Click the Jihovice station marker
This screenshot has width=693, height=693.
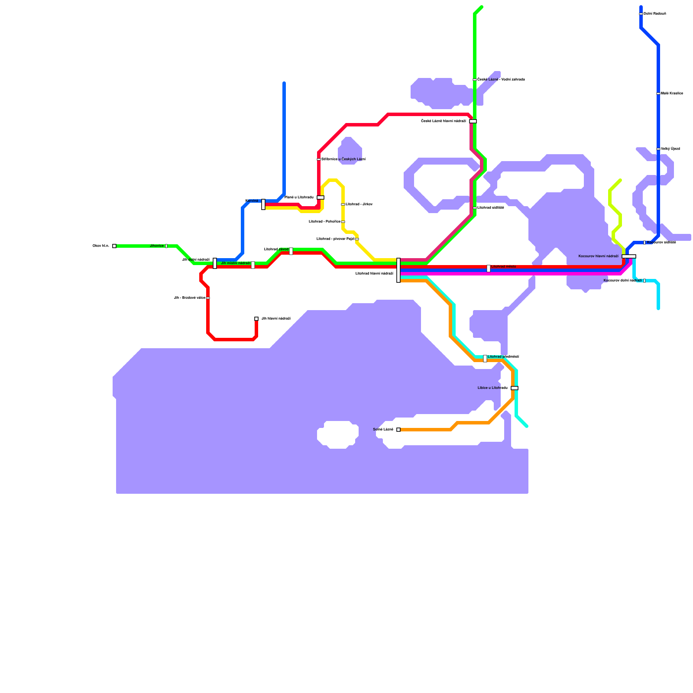(x=166, y=246)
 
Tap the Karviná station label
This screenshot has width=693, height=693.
(x=252, y=201)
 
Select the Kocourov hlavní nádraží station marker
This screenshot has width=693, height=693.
(x=628, y=256)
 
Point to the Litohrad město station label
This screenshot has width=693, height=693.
(x=503, y=267)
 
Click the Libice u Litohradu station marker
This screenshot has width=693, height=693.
(x=515, y=388)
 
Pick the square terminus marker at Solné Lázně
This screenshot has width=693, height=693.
(x=398, y=430)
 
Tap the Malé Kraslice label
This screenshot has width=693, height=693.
(x=672, y=94)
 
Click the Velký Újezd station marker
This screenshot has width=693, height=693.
(x=658, y=149)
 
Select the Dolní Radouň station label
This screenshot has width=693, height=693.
(x=655, y=14)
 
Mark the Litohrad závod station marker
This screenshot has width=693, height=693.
(x=291, y=251)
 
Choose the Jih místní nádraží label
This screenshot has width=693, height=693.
(x=236, y=263)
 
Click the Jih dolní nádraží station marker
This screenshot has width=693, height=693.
(x=215, y=263)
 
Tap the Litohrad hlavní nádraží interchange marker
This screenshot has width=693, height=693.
(x=398, y=270)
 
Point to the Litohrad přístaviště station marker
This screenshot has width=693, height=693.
(x=485, y=359)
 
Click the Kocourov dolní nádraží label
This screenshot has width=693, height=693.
(x=622, y=281)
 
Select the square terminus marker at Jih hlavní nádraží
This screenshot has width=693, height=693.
(x=256, y=319)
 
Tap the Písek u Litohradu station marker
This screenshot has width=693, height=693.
(x=321, y=198)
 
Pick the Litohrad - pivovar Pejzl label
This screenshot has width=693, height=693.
(x=335, y=239)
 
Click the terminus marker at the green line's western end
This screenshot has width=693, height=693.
(x=114, y=246)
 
